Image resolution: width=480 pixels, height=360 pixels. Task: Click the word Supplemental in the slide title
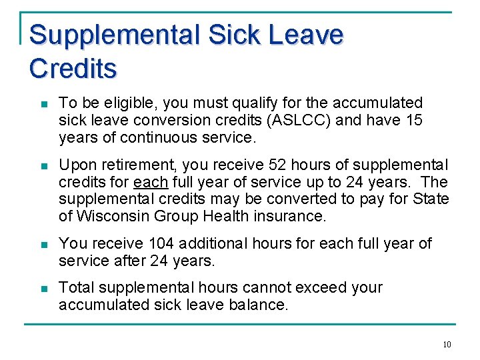pos(115,35)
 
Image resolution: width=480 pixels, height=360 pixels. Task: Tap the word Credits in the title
pos(73,68)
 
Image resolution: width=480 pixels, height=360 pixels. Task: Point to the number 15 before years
pos(413,120)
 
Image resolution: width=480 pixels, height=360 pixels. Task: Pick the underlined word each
pos(151,182)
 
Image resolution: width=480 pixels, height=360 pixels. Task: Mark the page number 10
pos(446,345)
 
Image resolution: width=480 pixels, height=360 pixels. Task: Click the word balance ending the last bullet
pos(260,305)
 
